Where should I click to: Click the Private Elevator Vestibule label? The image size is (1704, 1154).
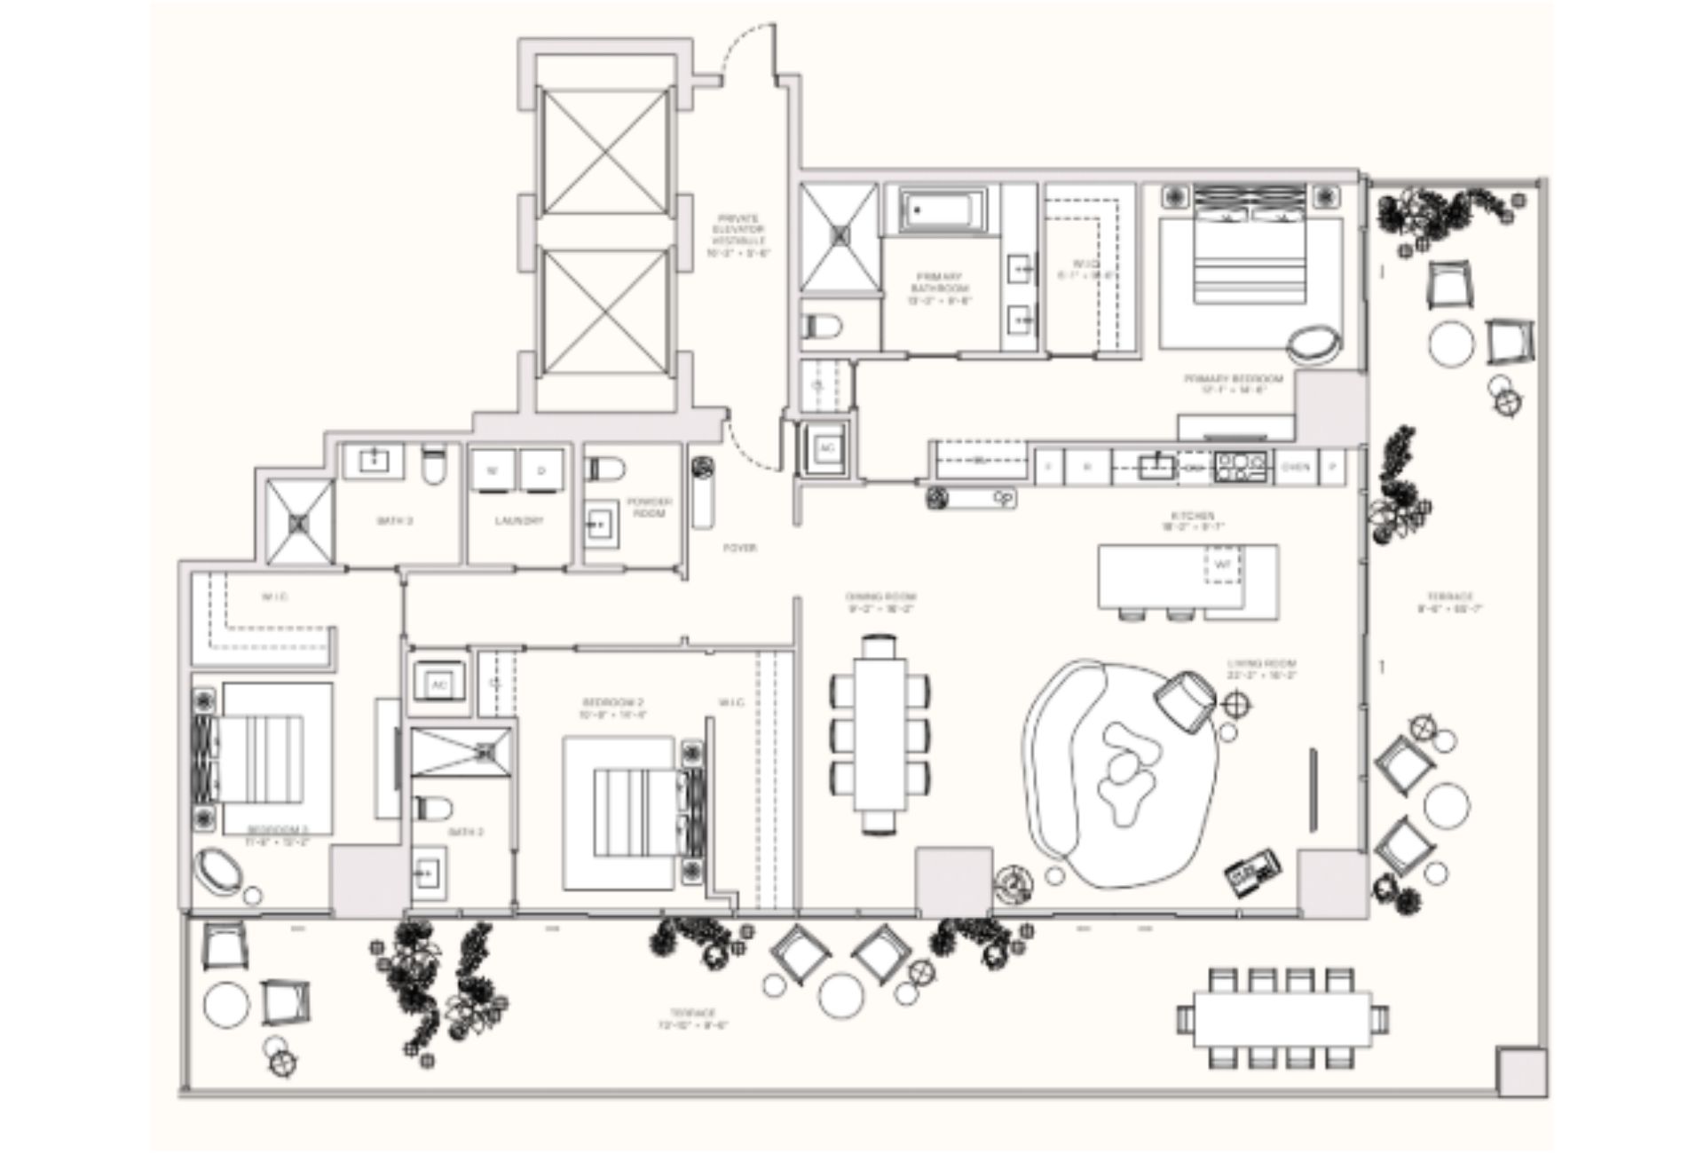pyautogui.click(x=738, y=235)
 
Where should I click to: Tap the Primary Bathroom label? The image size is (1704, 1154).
pyautogui.click(x=940, y=288)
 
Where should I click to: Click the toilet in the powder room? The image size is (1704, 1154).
pyautogui.click(x=606, y=468)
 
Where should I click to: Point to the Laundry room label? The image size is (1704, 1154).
pyautogui.click(x=519, y=521)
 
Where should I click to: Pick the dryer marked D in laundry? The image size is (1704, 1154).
pyautogui.click(x=541, y=470)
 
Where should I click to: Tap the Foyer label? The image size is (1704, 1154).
pyautogui.click(x=739, y=549)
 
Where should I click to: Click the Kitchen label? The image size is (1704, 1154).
pyautogui.click(x=1192, y=520)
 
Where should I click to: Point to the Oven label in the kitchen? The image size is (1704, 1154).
pyautogui.click(x=1295, y=467)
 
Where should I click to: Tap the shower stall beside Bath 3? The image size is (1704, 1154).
pyautogui.click(x=300, y=522)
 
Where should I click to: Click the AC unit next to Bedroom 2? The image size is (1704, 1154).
pyautogui.click(x=438, y=684)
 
